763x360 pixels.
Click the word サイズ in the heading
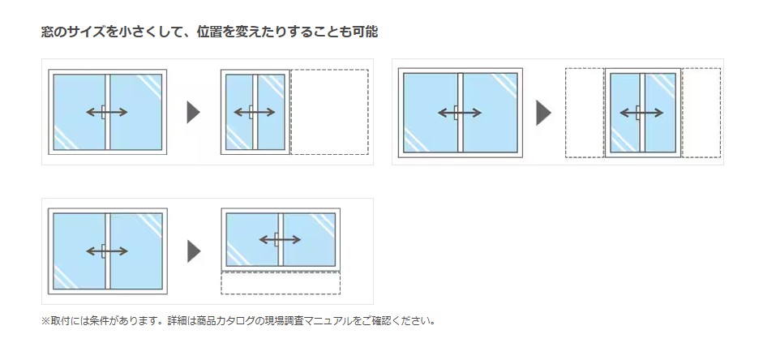click(x=90, y=32)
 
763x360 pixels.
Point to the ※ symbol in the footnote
click(x=45, y=320)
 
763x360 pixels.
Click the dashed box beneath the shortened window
click(x=281, y=283)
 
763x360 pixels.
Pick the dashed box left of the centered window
click(x=584, y=113)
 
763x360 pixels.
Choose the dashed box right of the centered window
click(x=701, y=113)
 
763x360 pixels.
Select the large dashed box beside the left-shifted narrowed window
click(x=329, y=112)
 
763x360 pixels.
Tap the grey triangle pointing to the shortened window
click(x=193, y=251)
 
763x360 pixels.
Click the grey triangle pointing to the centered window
click(x=542, y=113)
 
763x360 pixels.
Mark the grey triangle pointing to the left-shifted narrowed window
click(x=193, y=112)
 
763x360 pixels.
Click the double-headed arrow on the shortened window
click(x=281, y=239)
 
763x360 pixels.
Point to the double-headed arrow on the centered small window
click(x=642, y=112)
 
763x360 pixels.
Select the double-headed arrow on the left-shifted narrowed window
click(x=255, y=112)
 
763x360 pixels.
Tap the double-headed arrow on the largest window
click(x=460, y=113)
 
